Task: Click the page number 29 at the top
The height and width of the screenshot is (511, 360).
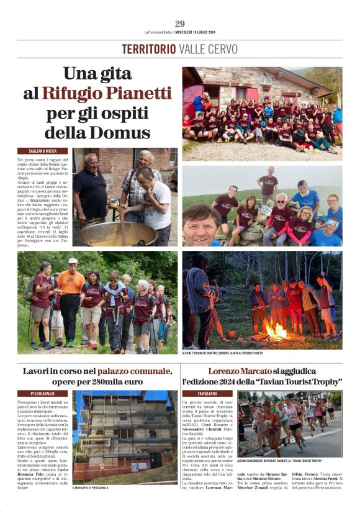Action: [x=180, y=24]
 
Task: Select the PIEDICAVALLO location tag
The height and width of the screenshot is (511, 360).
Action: [x=43, y=394]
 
